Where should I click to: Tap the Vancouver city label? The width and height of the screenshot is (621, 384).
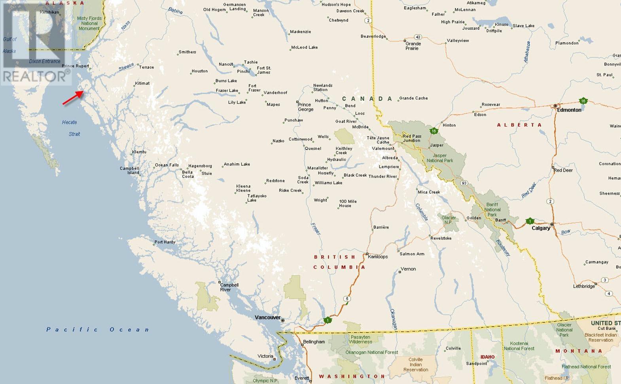coord(267,317)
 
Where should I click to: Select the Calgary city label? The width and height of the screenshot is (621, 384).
coord(541,228)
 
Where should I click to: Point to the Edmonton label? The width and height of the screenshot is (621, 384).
coord(569,110)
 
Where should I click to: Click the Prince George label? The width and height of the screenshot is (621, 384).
coord(305,107)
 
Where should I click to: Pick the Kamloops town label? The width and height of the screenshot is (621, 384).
coord(378,257)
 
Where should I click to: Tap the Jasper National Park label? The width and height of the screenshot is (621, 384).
coord(440,158)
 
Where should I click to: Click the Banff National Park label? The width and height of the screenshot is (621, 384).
coord(492,210)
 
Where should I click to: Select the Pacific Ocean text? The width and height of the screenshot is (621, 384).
coord(98,329)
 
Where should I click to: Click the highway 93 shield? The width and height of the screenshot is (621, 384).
coord(464,183)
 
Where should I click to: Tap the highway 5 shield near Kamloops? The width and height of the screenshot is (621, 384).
coord(347,299)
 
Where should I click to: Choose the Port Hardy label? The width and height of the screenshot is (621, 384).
coord(165,242)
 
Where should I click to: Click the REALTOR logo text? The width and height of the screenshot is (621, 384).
coord(35,76)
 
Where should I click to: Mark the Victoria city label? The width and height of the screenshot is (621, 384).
coord(265,356)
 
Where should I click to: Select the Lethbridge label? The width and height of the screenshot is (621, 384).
coord(584,286)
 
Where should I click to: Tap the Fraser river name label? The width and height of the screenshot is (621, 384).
coord(316,229)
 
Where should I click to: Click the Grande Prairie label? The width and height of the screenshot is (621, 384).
coord(413,46)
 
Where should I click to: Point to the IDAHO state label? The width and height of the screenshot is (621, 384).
coord(487,357)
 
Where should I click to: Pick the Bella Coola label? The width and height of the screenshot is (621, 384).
coord(188,174)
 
